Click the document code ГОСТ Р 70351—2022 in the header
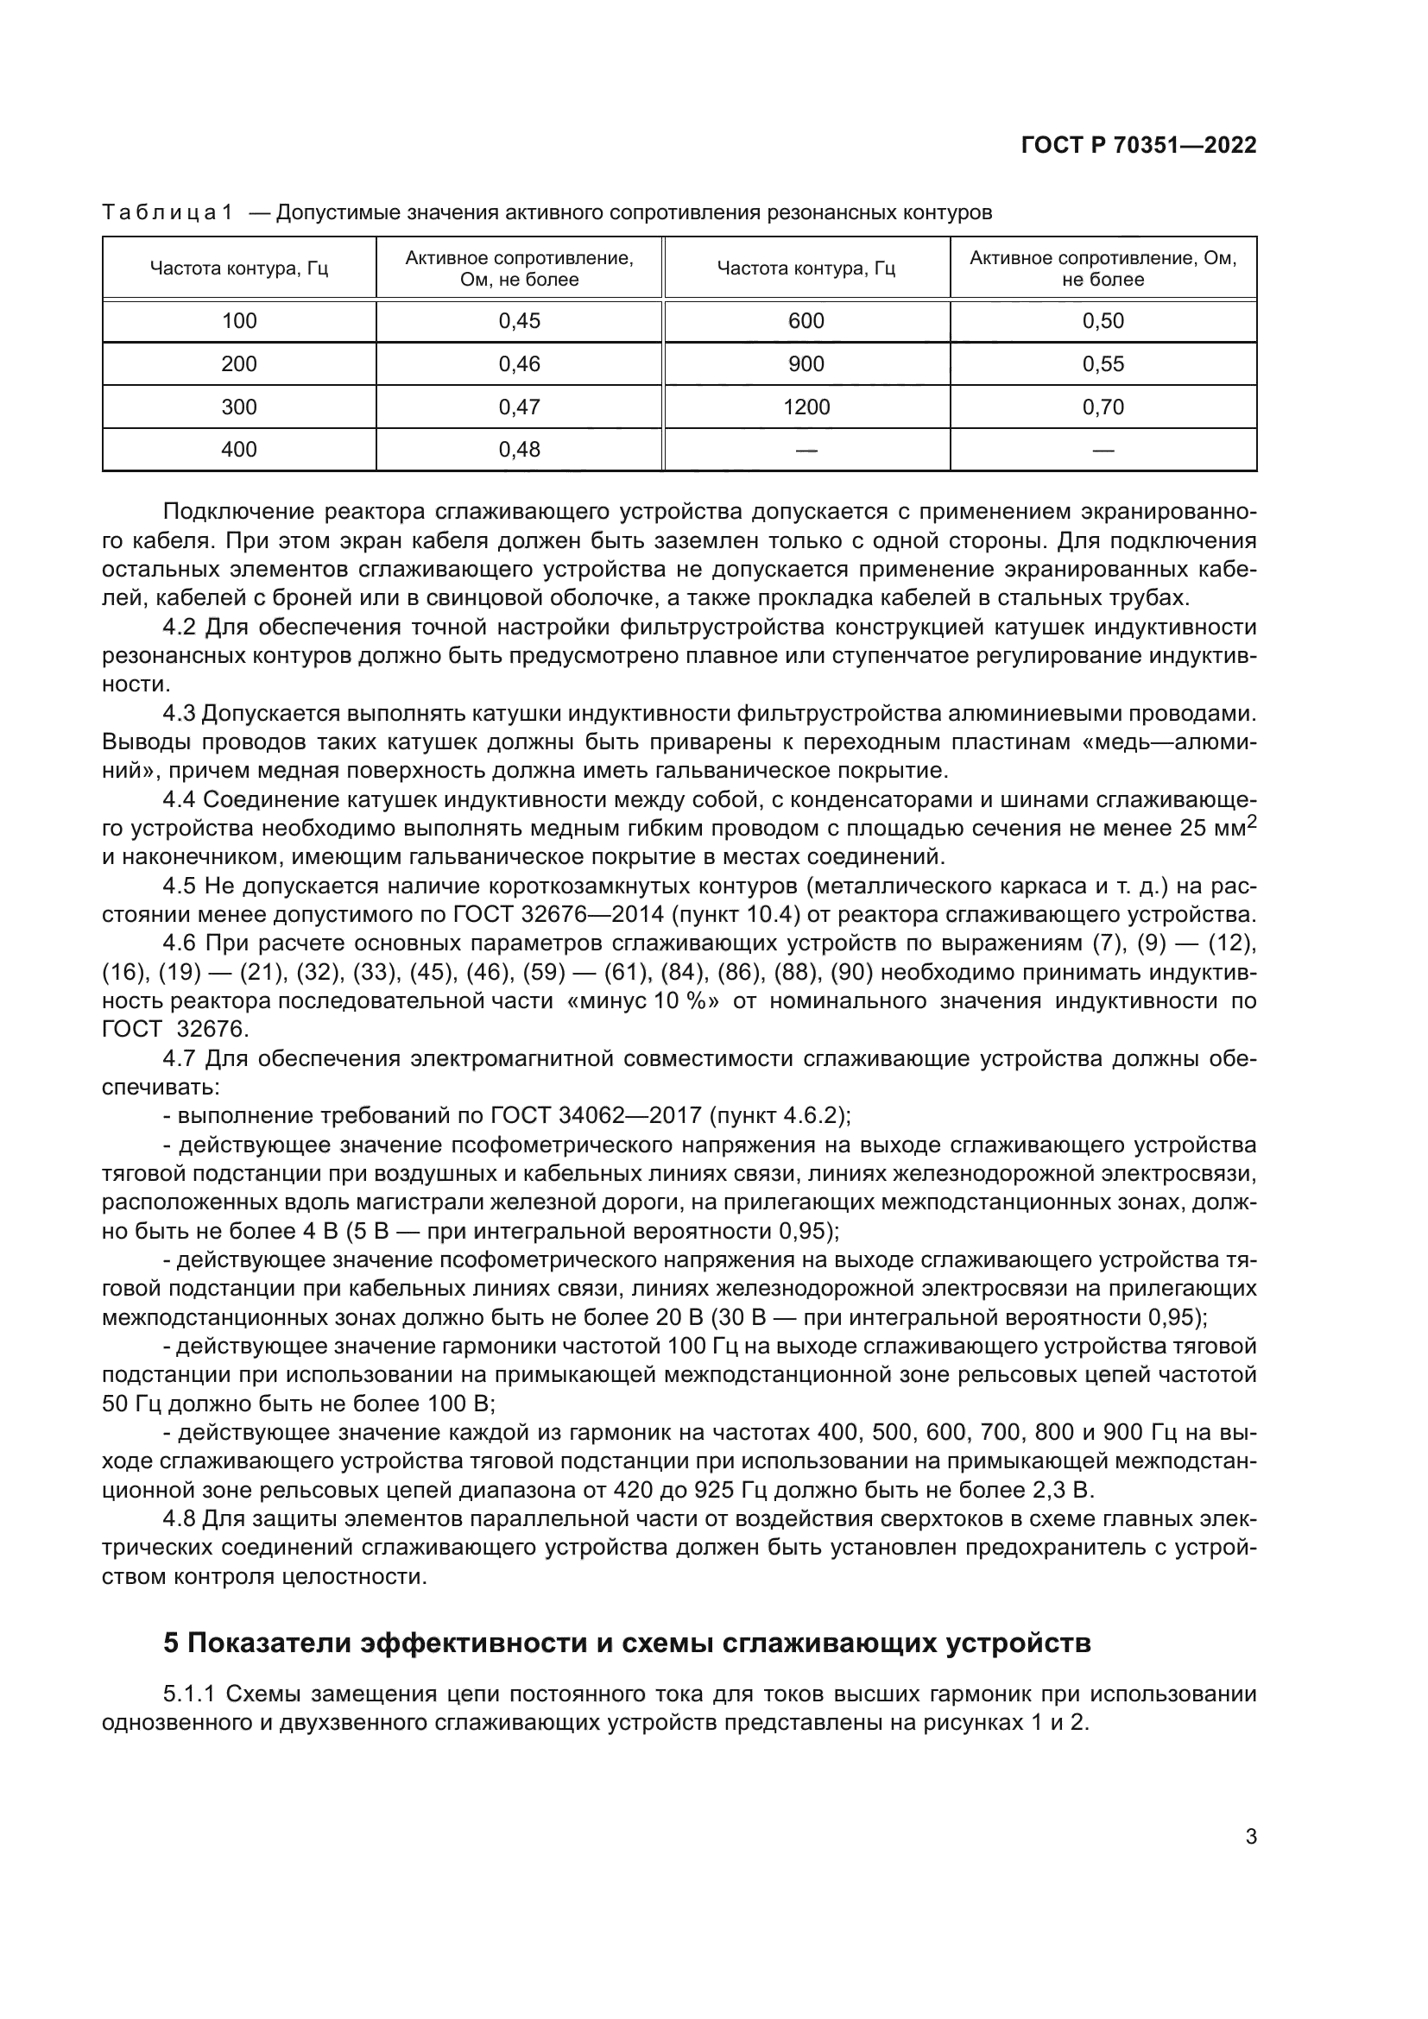[1139, 145]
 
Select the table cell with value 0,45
[519, 321]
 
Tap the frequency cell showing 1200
[806, 407]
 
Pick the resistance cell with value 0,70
[1103, 407]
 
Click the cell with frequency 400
[239, 451]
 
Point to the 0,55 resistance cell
[1103, 364]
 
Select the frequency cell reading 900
[806, 364]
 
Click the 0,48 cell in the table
[519, 451]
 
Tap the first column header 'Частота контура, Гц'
[239, 268]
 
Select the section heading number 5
[171, 1643]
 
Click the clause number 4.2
[180, 627]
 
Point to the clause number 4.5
[180, 886]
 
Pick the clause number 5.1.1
[189, 1694]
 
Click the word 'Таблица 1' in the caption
[167, 213]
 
